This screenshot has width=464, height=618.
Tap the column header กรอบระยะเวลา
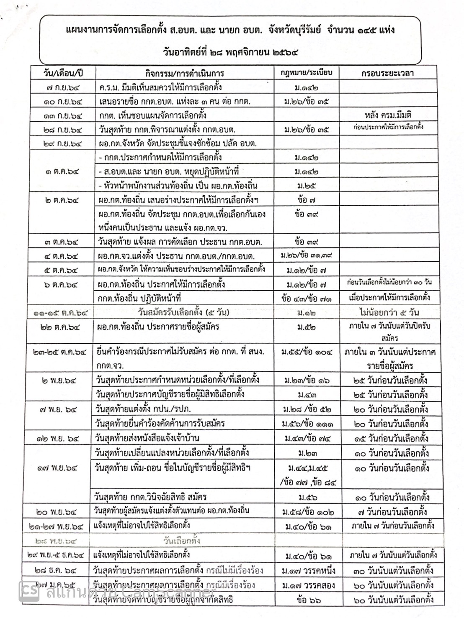[x=387, y=73]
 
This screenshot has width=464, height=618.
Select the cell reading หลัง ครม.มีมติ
[x=387, y=115]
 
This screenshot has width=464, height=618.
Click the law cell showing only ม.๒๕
[x=306, y=185]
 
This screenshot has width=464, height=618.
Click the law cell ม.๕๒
[x=306, y=327]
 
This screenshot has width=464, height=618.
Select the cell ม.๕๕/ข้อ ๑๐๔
[x=307, y=352]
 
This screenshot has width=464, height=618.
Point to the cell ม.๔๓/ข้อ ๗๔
[x=307, y=439]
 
